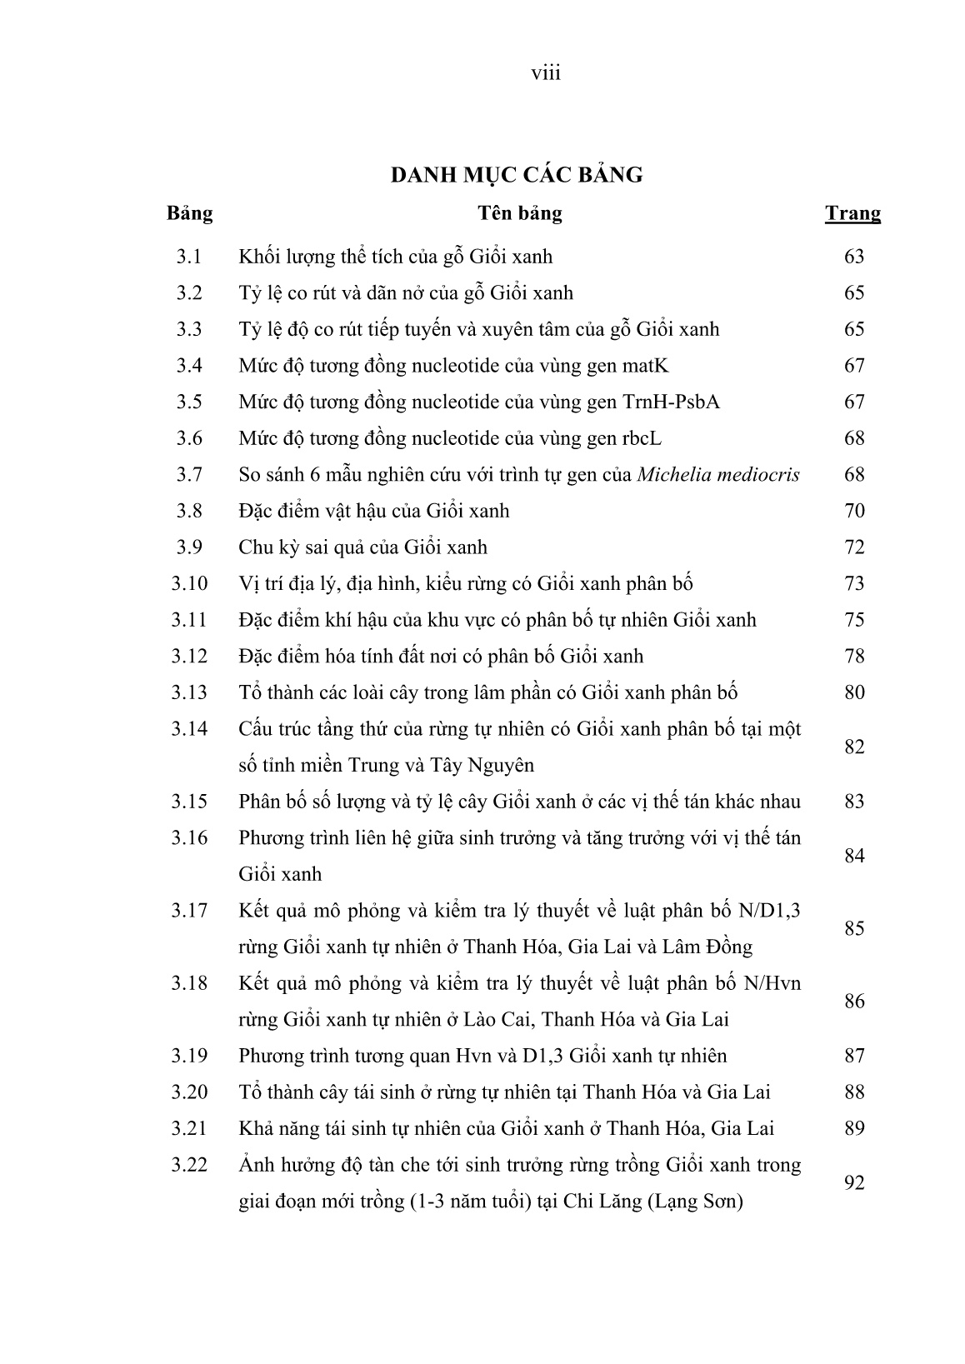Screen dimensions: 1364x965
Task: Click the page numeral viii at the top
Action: (x=546, y=73)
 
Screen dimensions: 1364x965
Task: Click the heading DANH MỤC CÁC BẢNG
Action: (x=517, y=175)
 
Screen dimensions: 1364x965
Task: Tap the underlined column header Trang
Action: (x=852, y=213)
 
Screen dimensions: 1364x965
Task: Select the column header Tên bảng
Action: (x=519, y=213)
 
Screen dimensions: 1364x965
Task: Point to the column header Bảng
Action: (x=189, y=213)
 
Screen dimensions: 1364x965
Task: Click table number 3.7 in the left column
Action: (x=189, y=475)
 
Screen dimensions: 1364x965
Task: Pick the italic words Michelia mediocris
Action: (x=718, y=475)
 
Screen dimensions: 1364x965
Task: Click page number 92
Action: (x=854, y=1183)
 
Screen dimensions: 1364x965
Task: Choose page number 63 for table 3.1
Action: (x=854, y=257)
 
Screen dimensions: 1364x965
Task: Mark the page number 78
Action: (x=854, y=657)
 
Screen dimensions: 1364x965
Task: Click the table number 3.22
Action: (x=189, y=1165)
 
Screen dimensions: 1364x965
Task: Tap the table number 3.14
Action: (x=189, y=729)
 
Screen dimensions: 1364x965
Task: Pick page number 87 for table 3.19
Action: (x=854, y=1057)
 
